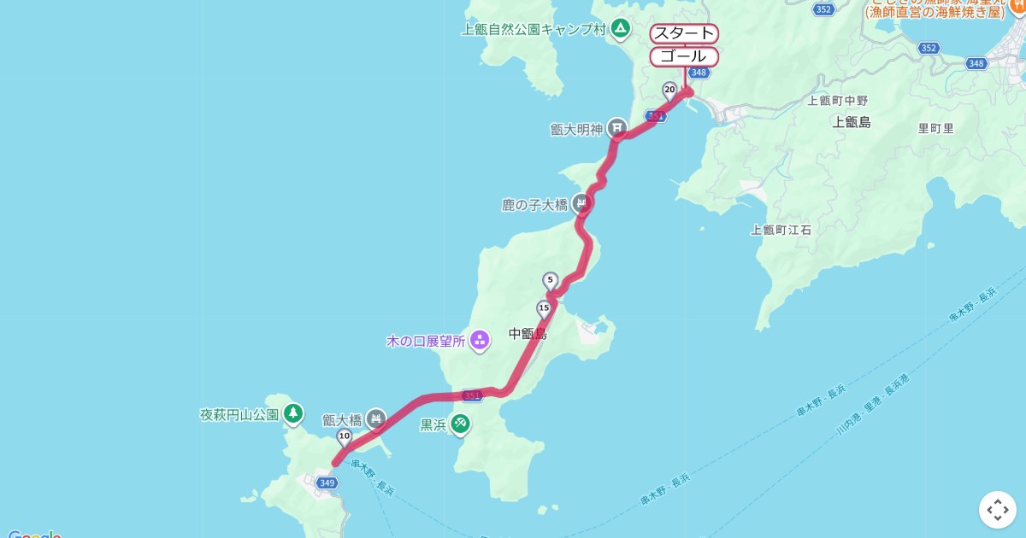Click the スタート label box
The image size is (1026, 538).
(684, 33)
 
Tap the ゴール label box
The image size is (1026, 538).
(684, 56)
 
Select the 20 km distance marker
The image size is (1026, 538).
(669, 90)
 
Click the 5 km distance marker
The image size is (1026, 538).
(550, 279)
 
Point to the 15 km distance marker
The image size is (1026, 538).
(544, 307)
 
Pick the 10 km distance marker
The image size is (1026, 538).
(344, 436)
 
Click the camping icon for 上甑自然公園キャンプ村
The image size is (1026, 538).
(620, 29)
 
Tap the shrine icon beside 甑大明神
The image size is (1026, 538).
(617, 128)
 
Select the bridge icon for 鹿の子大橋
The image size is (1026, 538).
(581, 204)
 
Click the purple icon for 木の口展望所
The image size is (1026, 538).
(479, 341)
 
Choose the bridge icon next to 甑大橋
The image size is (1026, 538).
(375, 418)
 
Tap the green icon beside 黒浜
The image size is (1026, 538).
(460, 423)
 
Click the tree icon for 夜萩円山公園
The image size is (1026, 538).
(293, 413)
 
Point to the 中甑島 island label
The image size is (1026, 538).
(527, 334)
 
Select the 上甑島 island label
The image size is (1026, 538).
(851, 122)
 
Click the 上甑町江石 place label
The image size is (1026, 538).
(781, 230)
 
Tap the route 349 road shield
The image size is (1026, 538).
(326, 482)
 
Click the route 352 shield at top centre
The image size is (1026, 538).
(823, 9)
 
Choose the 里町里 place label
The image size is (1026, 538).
(935, 128)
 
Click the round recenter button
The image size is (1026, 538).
(997, 510)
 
